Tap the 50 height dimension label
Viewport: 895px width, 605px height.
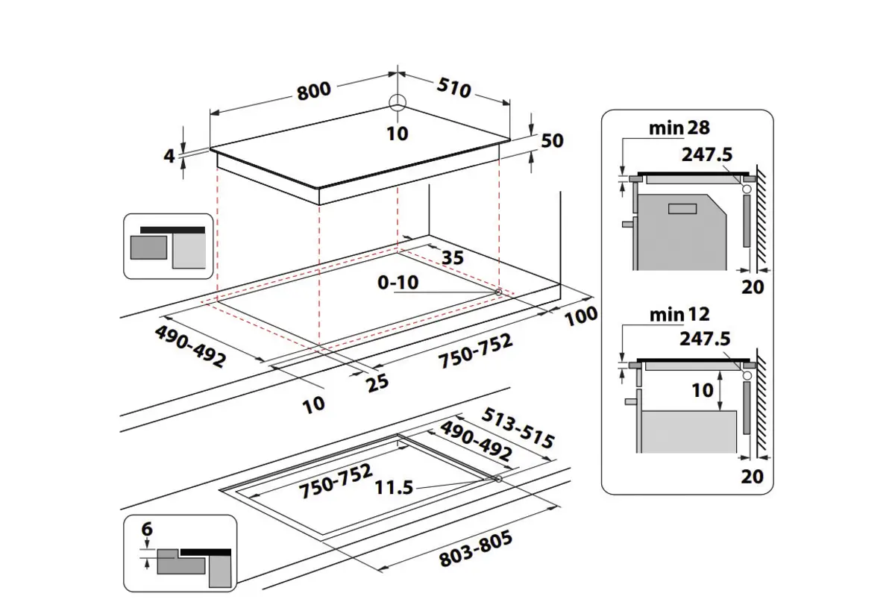553,140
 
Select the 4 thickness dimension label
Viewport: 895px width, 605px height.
169,156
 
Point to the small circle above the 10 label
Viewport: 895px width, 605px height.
398,103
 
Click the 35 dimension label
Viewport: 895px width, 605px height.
452,258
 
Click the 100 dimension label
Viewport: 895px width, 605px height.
582,315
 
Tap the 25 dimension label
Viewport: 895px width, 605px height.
378,383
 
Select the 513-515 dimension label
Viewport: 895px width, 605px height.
519,427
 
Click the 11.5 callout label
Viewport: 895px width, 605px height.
394,488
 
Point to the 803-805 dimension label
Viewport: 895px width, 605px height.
476,551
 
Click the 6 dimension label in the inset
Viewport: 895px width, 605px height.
147,530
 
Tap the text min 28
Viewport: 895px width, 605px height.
679,128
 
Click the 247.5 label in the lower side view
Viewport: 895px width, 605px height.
706,339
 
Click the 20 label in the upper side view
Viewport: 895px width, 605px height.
753,286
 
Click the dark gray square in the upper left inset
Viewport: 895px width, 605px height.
148,248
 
